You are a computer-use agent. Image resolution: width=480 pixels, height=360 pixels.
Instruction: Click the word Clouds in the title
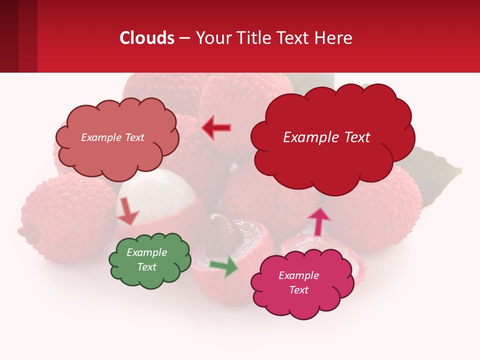pos(147,38)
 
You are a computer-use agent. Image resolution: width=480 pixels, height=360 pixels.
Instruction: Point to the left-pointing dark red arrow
pos(216,128)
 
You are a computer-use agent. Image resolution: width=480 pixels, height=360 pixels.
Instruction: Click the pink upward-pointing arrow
pos(318,221)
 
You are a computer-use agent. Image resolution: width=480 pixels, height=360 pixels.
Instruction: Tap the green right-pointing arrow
pos(223,266)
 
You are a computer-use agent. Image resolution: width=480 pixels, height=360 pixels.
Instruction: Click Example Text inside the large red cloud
pos(326,137)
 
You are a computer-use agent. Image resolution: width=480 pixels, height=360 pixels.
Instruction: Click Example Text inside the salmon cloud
pos(112,137)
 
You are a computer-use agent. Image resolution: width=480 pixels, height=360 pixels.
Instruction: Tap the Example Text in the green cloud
pos(146,259)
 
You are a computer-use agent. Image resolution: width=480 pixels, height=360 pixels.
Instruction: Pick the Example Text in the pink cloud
pos(298,282)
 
